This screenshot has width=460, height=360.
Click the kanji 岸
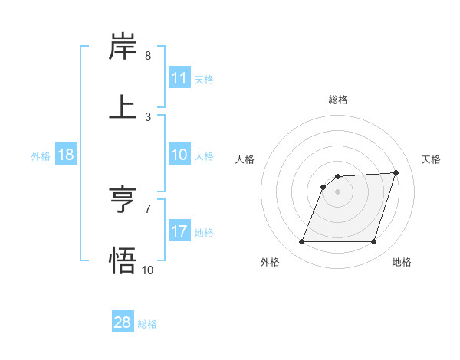pyautogui.click(x=123, y=47)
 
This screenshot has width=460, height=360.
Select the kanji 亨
pyautogui.click(x=123, y=201)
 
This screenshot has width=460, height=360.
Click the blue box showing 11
pyautogui.click(x=179, y=78)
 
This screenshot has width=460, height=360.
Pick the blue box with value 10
pyautogui.click(x=179, y=155)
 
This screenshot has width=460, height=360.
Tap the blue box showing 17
pyautogui.click(x=179, y=231)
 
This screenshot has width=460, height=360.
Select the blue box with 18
pyautogui.click(x=66, y=155)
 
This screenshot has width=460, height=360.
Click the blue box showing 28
pyautogui.click(x=123, y=322)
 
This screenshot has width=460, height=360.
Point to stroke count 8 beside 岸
pyautogui.click(x=148, y=56)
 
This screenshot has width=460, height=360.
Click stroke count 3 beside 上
pyautogui.click(x=148, y=117)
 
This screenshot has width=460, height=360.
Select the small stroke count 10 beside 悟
pyautogui.click(x=148, y=270)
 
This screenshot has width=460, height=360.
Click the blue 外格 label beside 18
pyautogui.click(x=41, y=155)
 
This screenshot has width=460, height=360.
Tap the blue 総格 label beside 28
pyautogui.click(x=147, y=323)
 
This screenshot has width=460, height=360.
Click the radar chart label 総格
pyautogui.click(x=338, y=100)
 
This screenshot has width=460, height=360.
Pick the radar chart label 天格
pyautogui.click(x=432, y=159)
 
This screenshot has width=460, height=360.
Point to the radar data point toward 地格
pyautogui.click(x=373, y=242)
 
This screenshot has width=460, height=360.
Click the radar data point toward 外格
pyautogui.click(x=301, y=242)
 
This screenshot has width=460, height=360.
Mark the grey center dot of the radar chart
pyautogui.click(x=337, y=191)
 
